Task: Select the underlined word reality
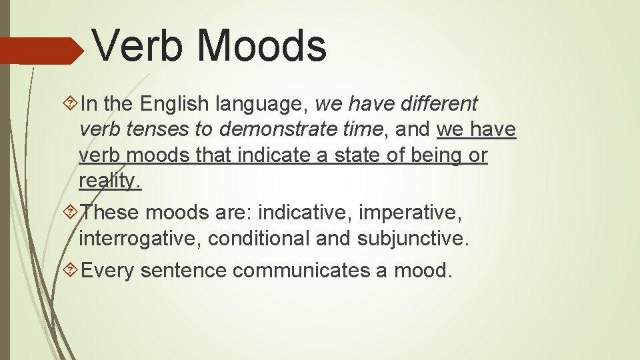110,181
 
